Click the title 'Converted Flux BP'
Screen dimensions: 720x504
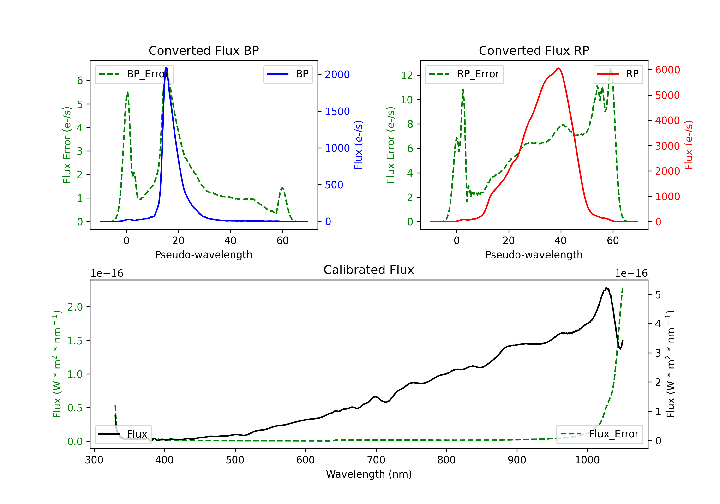(204, 50)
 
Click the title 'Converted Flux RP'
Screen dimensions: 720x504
(534, 50)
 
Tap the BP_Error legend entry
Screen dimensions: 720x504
(134, 74)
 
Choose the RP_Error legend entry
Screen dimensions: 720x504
(464, 74)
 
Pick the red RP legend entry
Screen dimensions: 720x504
(618, 74)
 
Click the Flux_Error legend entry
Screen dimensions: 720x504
(600, 434)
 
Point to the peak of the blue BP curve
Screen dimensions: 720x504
(166, 68)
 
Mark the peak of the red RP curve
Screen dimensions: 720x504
(558, 68)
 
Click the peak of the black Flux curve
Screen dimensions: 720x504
(606, 288)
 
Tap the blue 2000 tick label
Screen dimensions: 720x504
(337, 74)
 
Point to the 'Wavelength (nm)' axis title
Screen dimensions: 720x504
(369, 474)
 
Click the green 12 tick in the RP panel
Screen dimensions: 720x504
(407, 75)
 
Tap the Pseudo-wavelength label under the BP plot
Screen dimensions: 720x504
(204, 255)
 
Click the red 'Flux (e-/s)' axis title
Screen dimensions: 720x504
(689, 145)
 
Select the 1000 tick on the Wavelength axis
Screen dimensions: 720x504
(587, 460)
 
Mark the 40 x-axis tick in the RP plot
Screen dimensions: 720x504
(561, 240)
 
